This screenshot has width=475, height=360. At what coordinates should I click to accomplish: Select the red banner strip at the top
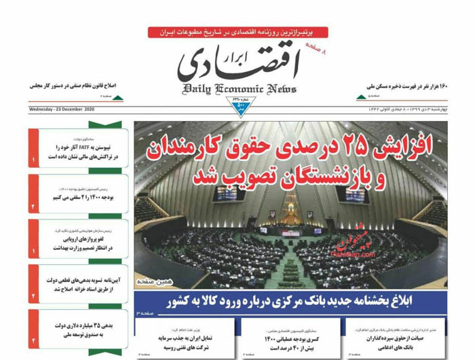[x=237, y=32]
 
